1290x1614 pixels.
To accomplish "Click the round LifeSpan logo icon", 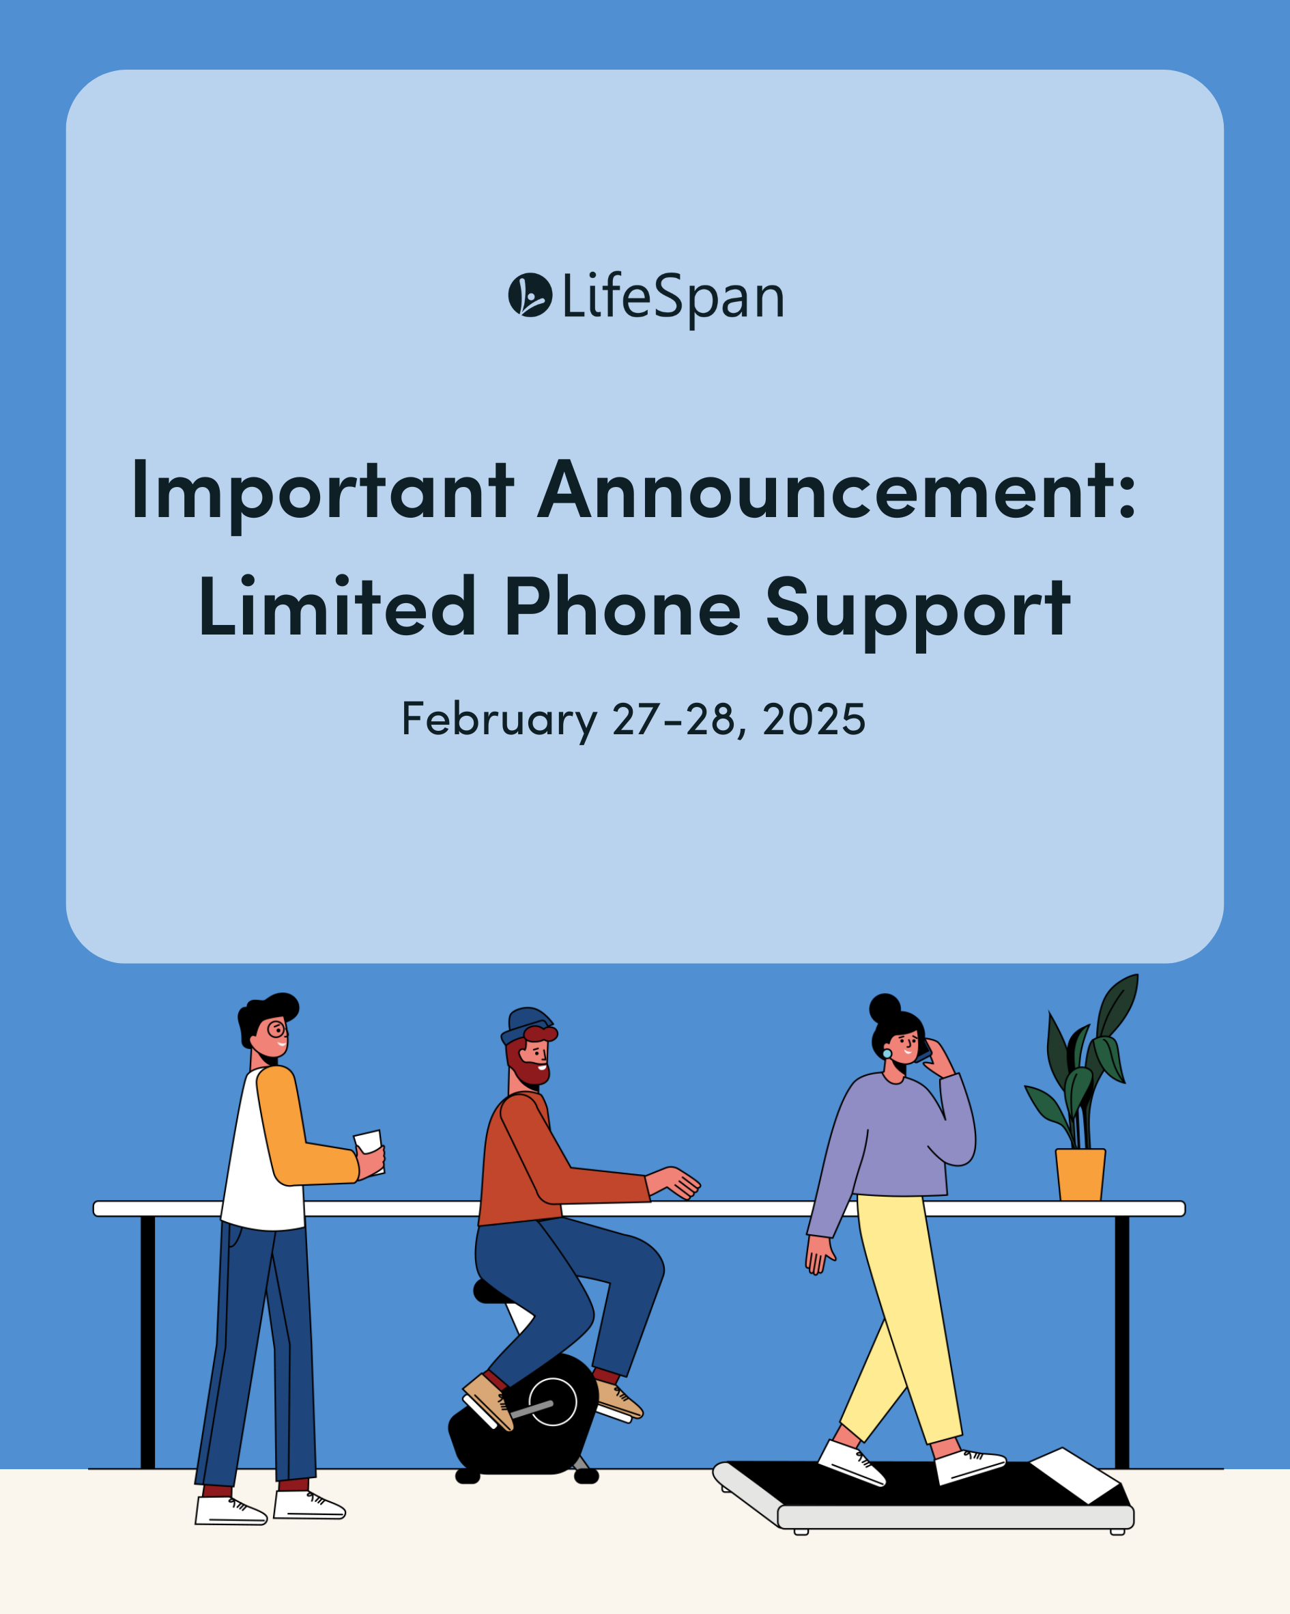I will pyautogui.click(x=530, y=295).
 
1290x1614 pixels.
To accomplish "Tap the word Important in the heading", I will pyautogui.click(x=322, y=491).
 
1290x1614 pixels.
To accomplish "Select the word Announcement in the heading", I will pyautogui.click(x=837, y=491).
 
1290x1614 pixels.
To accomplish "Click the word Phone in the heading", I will pyautogui.click(x=622, y=608).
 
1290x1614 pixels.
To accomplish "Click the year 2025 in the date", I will pyautogui.click(x=814, y=719).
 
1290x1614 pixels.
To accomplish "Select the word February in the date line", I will pyautogui.click(x=499, y=719).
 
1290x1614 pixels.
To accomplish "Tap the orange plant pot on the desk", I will pyautogui.click(x=1080, y=1175).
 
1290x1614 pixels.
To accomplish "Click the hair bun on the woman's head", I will pyautogui.click(x=885, y=1008).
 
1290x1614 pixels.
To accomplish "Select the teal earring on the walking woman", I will pyautogui.click(x=887, y=1054).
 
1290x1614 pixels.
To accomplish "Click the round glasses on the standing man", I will pyautogui.click(x=277, y=1029).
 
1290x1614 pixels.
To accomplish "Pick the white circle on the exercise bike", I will pyautogui.click(x=552, y=1402).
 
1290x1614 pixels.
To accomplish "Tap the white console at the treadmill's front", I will pyautogui.click(x=1074, y=1475).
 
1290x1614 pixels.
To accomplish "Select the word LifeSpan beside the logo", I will pyautogui.click(x=672, y=297).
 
